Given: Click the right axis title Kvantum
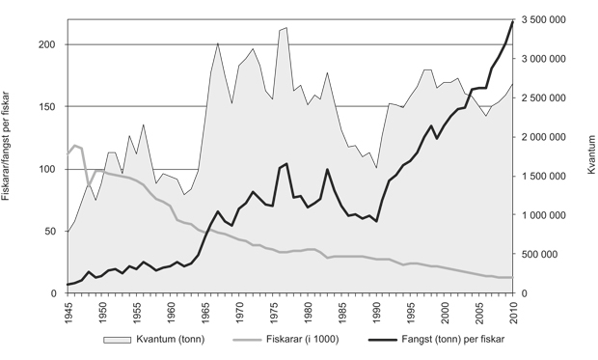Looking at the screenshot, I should (x=589, y=155).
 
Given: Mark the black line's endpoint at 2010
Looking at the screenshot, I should (x=513, y=21).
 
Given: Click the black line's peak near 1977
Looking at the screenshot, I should (x=287, y=163).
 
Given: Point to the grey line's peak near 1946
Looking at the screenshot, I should (x=74, y=146).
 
